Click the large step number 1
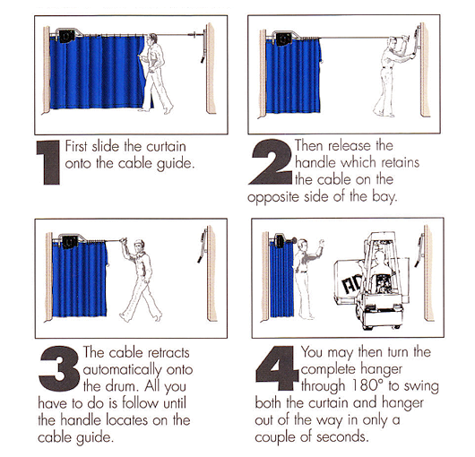pyautogui.click(x=48, y=162)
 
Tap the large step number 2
pyautogui.click(x=271, y=161)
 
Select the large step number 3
pyautogui.click(x=59, y=368)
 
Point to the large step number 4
pyautogui.click(x=277, y=368)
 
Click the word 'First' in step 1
pyautogui.click(x=76, y=146)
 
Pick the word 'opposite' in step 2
pyautogui.click(x=273, y=197)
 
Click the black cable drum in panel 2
pyautogui.click(x=284, y=39)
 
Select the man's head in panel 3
pyautogui.click(x=139, y=245)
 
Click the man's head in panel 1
pyautogui.click(x=152, y=39)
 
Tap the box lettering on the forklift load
pyautogui.click(x=351, y=284)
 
